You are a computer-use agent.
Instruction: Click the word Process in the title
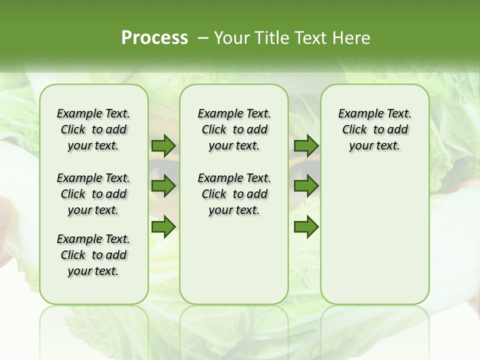[x=154, y=37]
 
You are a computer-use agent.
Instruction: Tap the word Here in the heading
[x=352, y=37]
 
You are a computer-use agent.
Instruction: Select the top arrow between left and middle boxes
[x=163, y=146]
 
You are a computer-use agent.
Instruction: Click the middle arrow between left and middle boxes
[x=163, y=186]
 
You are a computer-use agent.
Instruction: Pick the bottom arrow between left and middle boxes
[x=163, y=226]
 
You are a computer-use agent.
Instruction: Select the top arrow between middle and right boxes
[x=306, y=146]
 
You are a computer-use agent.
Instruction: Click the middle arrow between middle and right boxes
[x=306, y=186]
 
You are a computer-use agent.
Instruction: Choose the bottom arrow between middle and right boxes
[x=306, y=226]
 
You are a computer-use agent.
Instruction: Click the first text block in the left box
[x=93, y=129]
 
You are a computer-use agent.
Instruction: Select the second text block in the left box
[x=93, y=194]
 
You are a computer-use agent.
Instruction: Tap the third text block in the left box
[x=93, y=255]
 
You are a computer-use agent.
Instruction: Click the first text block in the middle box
[x=234, y=129]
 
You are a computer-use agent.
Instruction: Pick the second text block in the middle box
[x=234, y=194]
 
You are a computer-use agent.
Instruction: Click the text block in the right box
[x=374, y=129]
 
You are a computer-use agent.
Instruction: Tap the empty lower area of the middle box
[x=234, y=260]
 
